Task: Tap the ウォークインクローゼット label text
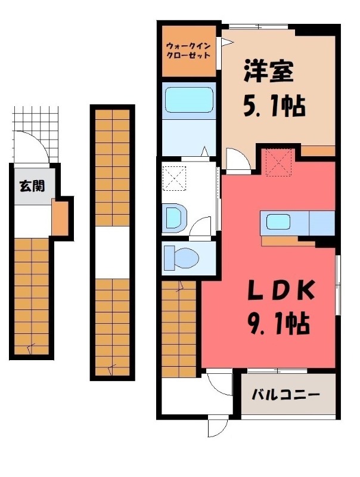coord(188,50)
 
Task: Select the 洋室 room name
coord(268,73)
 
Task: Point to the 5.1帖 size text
coord(274,107)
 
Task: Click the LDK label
coord(280,291)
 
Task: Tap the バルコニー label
coord(285,395)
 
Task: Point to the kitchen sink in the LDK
coord(278,224)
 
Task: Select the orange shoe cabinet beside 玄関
coord(60,219)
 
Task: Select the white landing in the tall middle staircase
coord(112,252)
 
